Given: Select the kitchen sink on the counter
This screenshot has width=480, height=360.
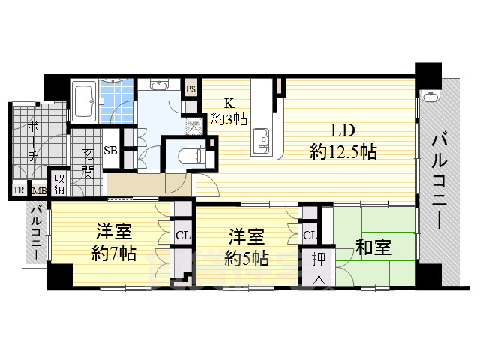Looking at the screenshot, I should point(262,139).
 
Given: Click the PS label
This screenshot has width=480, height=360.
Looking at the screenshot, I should point(191,88).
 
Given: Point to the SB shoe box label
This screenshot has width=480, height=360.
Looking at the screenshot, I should point(110,150).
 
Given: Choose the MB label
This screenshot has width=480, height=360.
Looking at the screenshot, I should point(38,191).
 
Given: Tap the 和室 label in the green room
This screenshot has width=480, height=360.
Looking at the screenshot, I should point(373,247).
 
